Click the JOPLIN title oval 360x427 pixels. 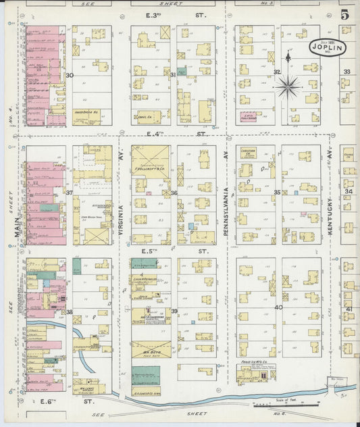(329, 47)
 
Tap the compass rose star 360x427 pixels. (288, 86)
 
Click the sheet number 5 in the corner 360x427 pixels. (345, 14)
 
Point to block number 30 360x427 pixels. (70, 76)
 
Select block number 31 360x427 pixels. (173, 74)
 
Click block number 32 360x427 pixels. (276, 72)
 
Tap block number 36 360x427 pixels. (174, 193)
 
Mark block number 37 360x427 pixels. (69, 193)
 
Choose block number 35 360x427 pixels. (277, 193)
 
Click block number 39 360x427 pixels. (174, 311)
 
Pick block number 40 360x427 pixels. (278, 307)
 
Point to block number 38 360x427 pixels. (69, 311)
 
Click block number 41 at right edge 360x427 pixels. (349, 309)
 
